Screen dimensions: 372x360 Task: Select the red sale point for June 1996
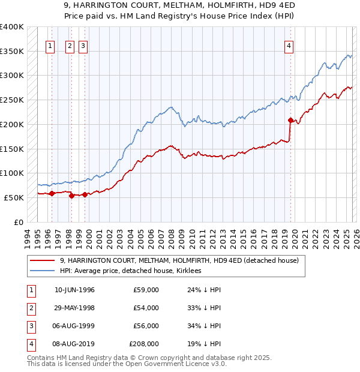tap(52, 193)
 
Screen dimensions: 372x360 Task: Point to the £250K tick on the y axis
tap(12, 100)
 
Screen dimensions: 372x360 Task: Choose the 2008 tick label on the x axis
tap(172, 236)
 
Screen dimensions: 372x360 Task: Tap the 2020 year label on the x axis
tap(295, 236)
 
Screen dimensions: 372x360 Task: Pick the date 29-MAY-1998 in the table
tap(74, 308)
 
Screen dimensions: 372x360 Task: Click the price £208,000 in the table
tap(144, 344)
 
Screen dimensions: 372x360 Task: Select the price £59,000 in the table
tap(146, 290)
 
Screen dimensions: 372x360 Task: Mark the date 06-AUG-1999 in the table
tap(74, 326)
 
